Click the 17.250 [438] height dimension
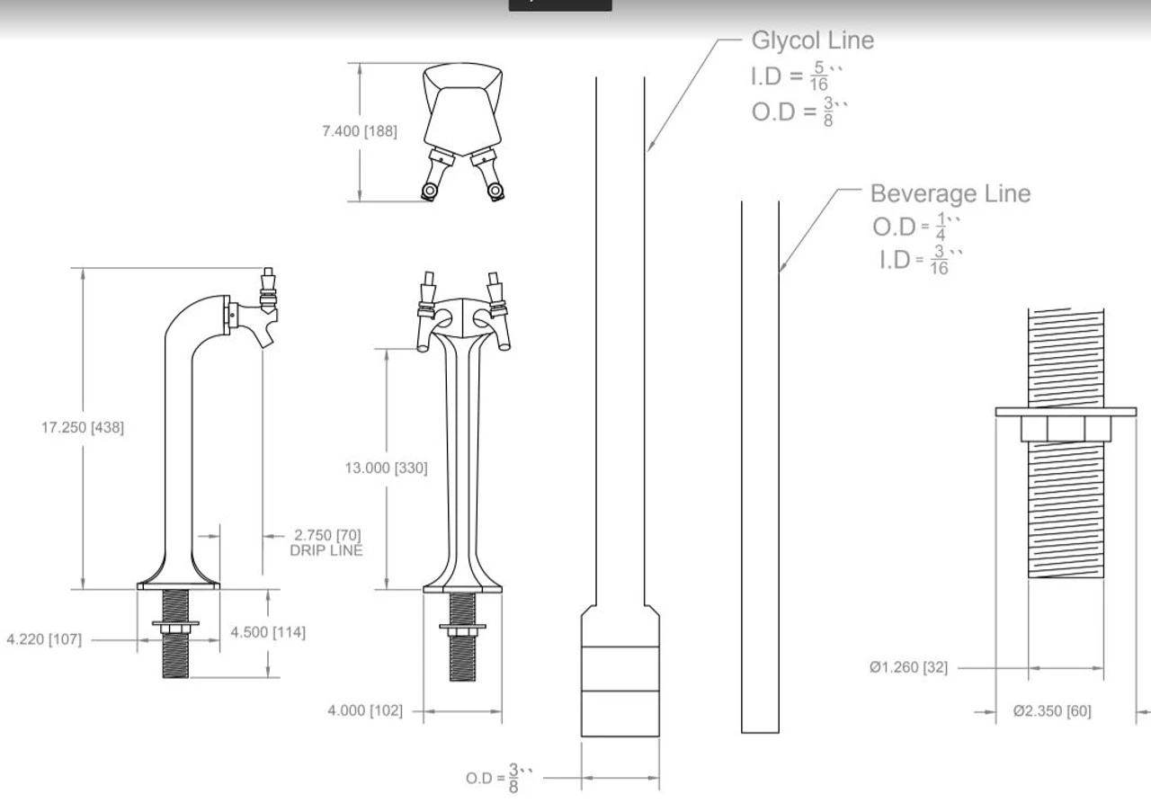click(82, 428)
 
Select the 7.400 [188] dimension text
click(359, 131)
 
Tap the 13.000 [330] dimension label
click(386, 468)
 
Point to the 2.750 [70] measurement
click(327, 536)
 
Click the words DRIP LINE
click(326, 550)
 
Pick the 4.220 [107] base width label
click(43, 639)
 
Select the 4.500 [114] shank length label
click(268, 632)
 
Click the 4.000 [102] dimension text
click(365, 711)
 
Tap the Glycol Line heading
click(812, 40)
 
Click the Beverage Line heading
click(950, 193)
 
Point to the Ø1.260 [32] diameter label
click(908, 667)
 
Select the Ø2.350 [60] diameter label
click(1052, 711)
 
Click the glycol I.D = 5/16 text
click(795, 77)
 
